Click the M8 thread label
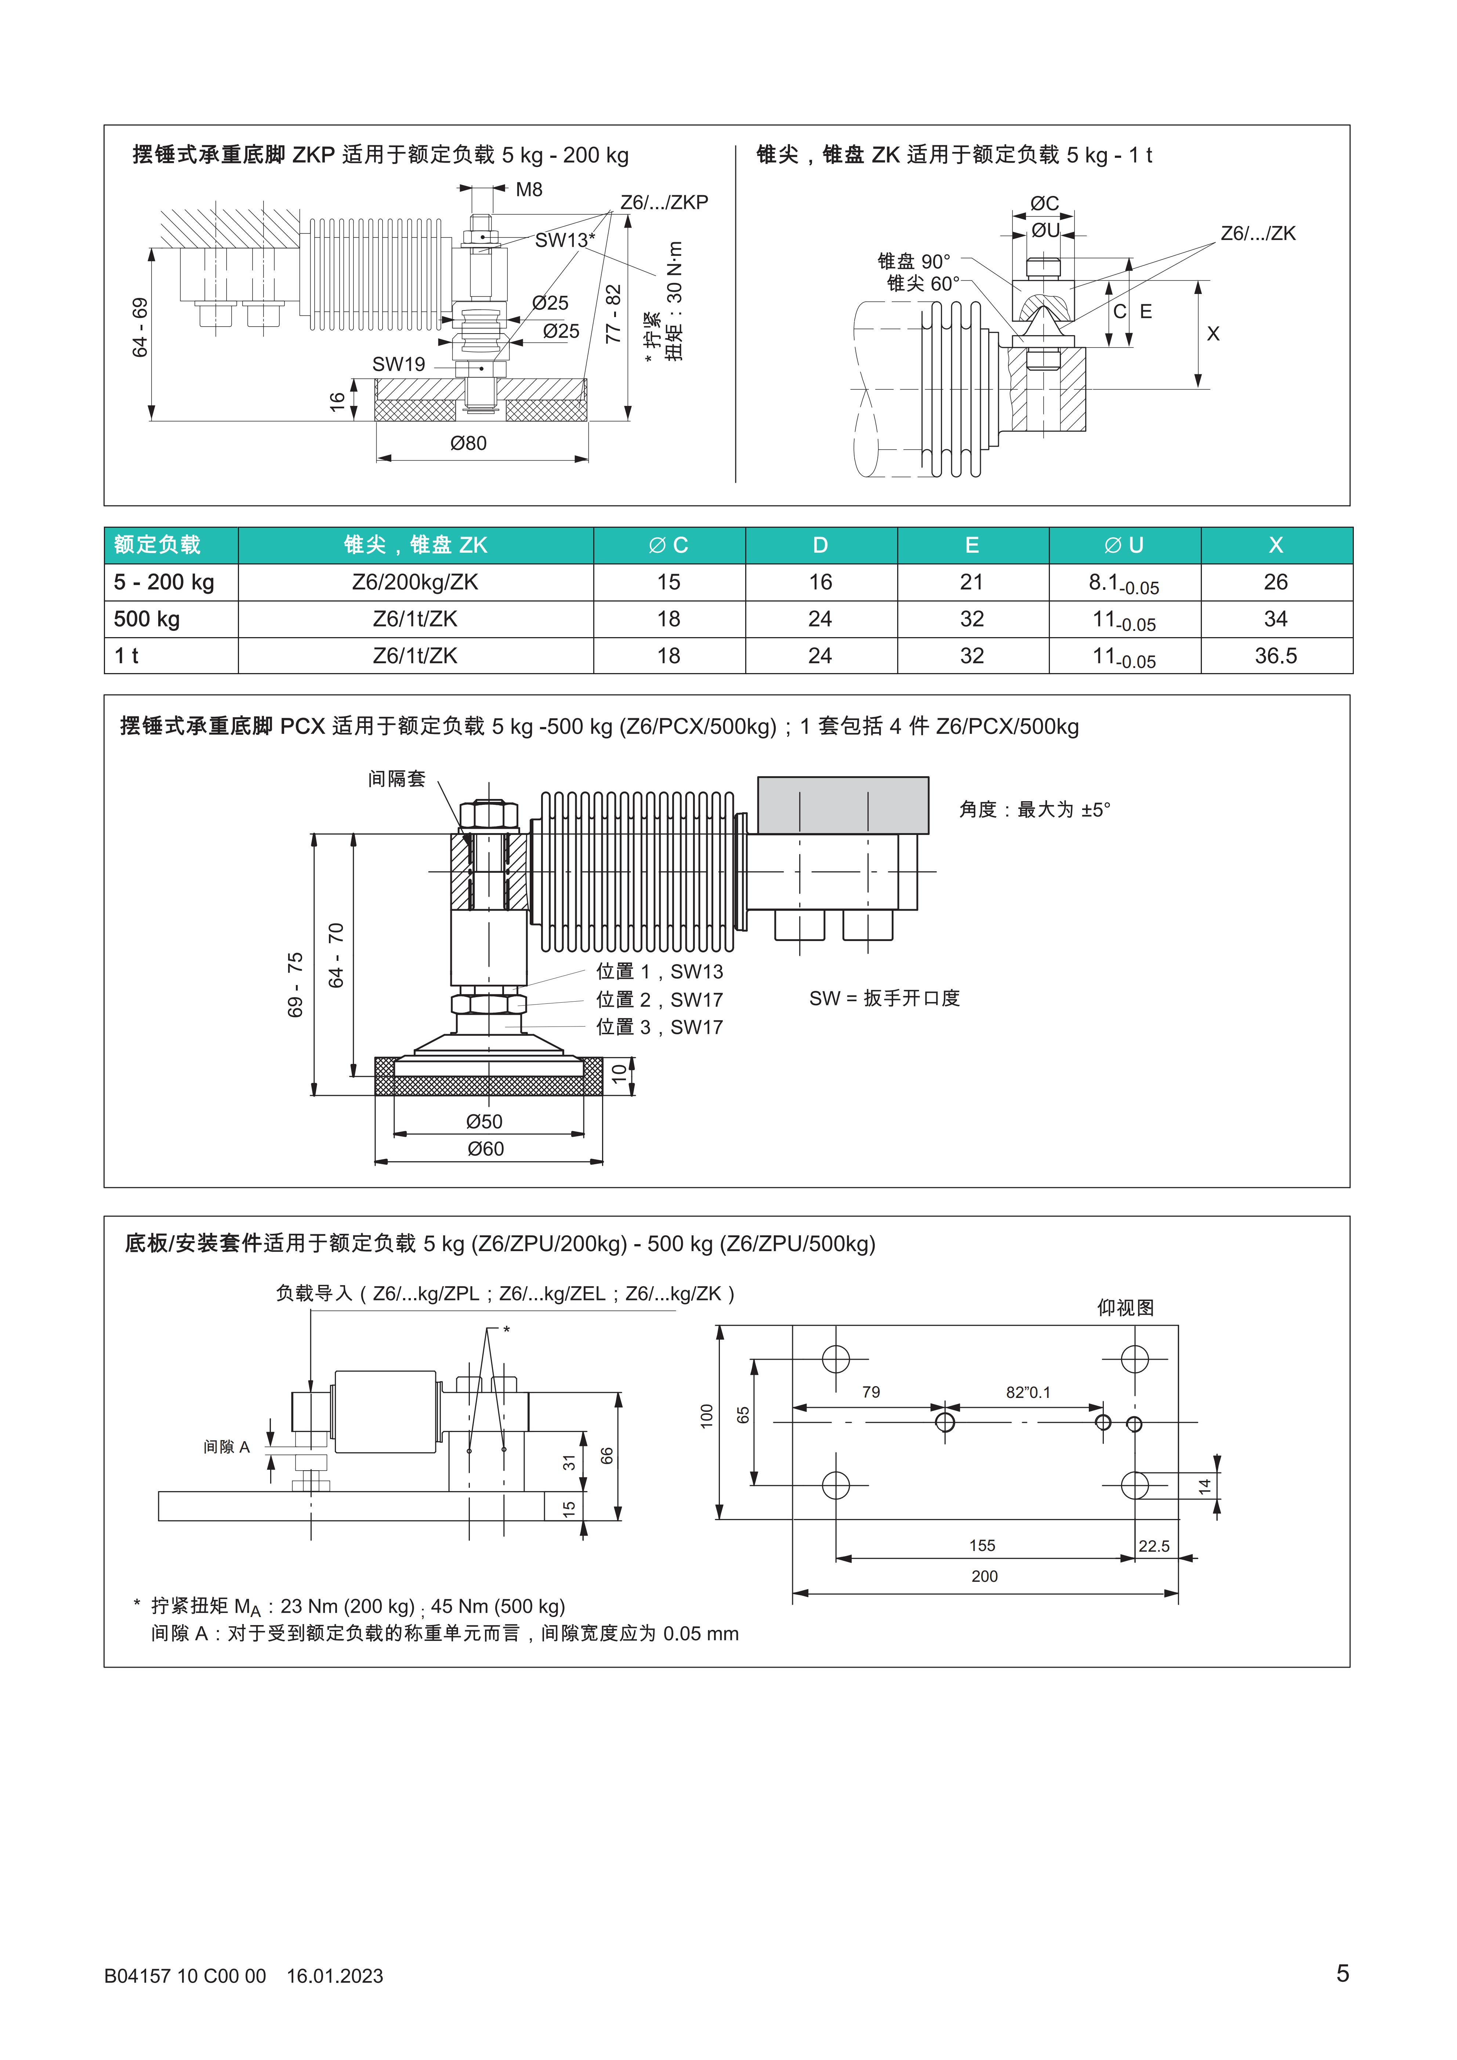click(528, 189)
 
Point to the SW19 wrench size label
click(398, 364)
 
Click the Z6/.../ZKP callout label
click(664, 203)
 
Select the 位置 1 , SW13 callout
click(659, 972)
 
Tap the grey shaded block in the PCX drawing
click(842, 805)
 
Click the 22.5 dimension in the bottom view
click(1154, 1546)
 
